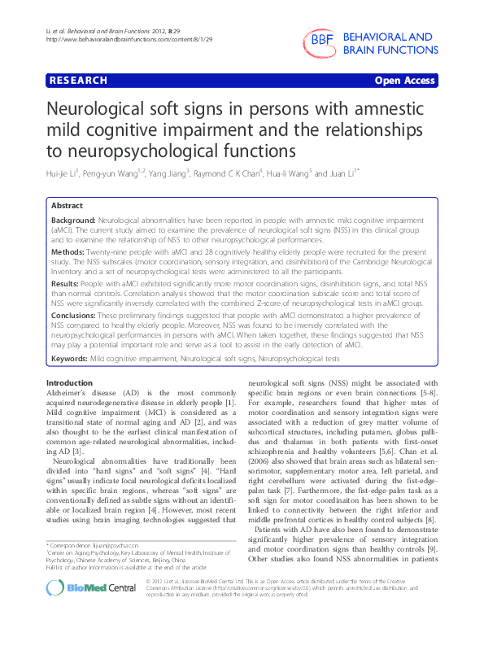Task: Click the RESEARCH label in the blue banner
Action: point(79,81)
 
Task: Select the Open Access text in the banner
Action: point(406,81)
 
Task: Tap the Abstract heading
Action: point(66,207)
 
